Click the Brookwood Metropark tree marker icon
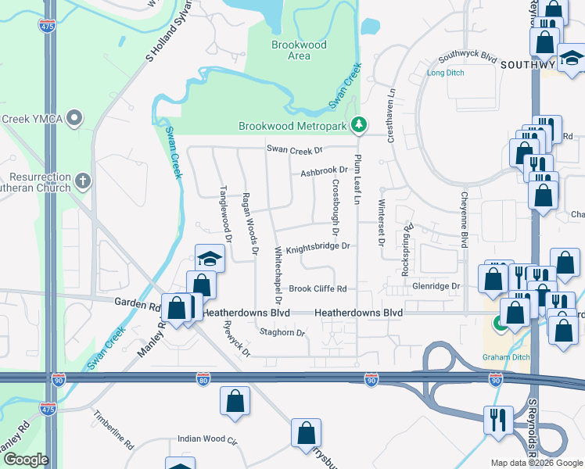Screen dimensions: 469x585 pos(359,124)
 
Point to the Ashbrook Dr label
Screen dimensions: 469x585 pos(324,170)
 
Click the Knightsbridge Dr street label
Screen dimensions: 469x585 pos(316,248)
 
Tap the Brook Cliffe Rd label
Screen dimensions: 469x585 pos(318,288)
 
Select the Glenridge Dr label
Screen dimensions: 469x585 pos(436,287)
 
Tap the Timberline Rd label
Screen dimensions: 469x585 pos(113,430)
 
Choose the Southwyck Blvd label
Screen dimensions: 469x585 pos(468,57)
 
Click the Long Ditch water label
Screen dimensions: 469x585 pos(446,73)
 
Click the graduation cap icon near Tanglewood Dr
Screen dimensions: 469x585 pos(210,258)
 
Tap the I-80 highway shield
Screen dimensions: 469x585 pos(202,379)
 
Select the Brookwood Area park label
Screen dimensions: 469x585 pos(299,50)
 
